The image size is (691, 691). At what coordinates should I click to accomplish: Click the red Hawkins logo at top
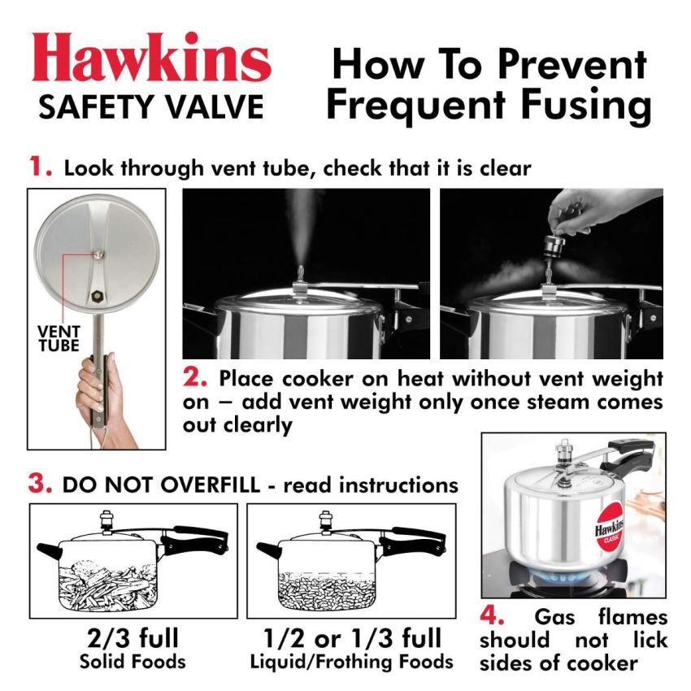coord(152,61)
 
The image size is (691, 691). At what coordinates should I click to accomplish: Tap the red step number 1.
coord(41,167)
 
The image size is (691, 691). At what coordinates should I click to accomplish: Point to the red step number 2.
coord(195,378)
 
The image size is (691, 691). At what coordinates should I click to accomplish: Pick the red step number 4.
coord(496,615)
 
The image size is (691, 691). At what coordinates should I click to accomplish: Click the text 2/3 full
coord(133,637)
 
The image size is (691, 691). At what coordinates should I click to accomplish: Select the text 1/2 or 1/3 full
coord(350,637)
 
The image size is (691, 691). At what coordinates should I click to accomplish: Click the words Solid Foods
coord(133,661)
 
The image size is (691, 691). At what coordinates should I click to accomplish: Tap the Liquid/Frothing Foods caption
coord(350,661)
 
